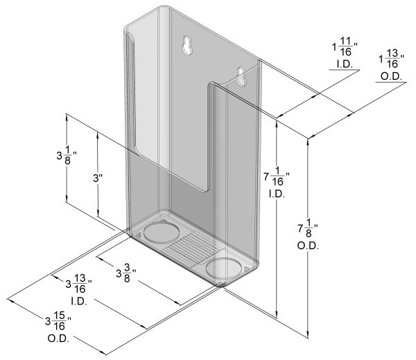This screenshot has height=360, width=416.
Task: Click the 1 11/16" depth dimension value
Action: (x=343, y=49)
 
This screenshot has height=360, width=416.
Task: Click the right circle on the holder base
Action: (x=225, y=267)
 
